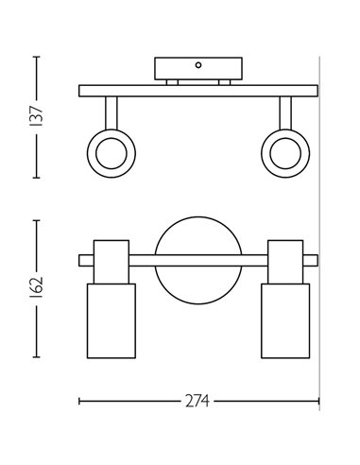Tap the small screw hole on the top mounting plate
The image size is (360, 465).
point(198,65)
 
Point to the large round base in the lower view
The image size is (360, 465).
point(197,263)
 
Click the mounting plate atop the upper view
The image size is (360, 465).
point(198,70)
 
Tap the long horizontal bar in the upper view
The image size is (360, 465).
point(197,92)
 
